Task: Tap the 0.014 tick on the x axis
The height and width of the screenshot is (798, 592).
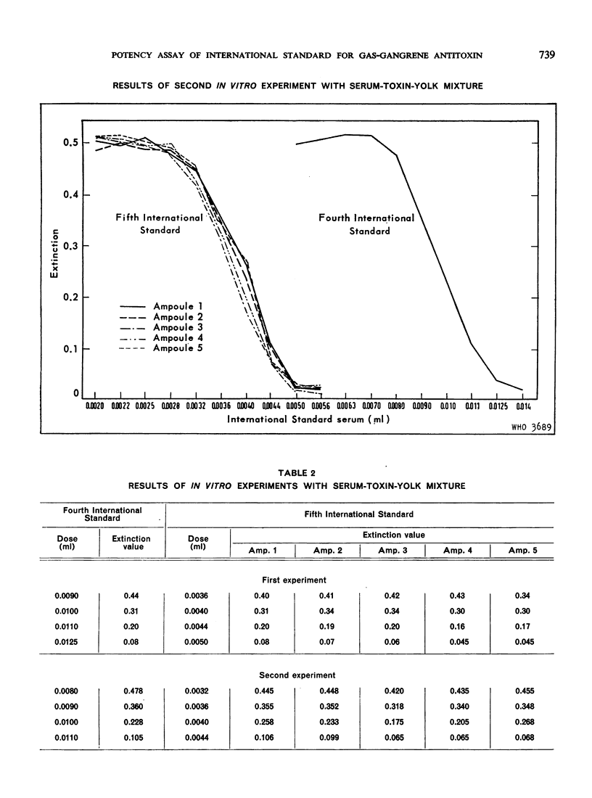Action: tap(524, 408)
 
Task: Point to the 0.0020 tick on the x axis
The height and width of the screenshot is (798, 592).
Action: tap(96, 408)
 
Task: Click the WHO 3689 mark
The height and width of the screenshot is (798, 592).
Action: tap(533, 427)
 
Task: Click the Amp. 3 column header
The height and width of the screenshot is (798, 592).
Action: tap(392, 551)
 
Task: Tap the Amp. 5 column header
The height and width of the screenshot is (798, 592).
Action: tap(522, 551)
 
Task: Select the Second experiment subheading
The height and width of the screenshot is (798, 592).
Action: tap(297, 675)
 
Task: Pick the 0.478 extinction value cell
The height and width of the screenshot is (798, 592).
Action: tap(132, 691)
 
